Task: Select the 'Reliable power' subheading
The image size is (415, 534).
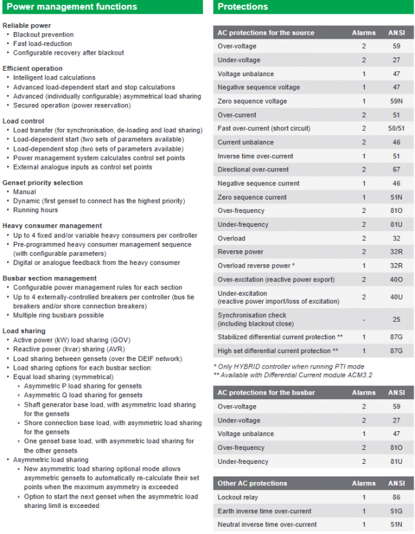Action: click(27, 25)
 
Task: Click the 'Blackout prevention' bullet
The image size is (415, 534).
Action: click(43, 35)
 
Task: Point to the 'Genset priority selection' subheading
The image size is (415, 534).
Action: click(43, 182)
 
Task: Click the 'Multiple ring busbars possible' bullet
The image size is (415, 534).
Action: click(59, 315)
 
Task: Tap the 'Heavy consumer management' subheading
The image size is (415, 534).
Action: click(52, 226)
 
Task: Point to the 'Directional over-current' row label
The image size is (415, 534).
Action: click(253, 170)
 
